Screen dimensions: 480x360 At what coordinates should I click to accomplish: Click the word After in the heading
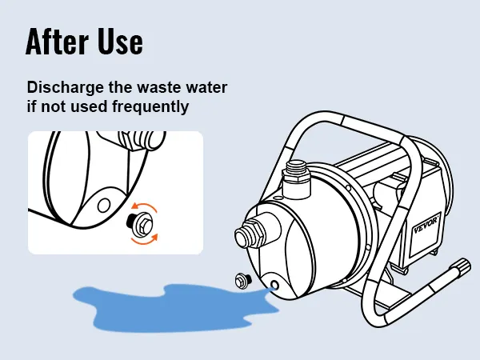(57, 42)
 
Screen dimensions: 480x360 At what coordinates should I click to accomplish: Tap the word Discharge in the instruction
(66, 88)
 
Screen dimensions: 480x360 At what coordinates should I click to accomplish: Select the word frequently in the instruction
(150, 107)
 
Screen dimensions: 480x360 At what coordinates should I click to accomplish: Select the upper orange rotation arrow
(143, 207)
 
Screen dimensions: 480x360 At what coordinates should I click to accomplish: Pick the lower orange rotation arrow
(145, 240)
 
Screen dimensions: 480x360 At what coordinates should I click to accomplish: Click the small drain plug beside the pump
(243, 280)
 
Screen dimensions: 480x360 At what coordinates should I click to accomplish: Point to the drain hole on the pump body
(274, 286)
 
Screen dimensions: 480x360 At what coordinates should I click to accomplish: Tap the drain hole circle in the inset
(104, 206)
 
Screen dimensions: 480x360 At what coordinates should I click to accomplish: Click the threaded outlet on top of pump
(296, 179)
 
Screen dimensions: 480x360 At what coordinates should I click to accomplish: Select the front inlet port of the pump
(249, 234)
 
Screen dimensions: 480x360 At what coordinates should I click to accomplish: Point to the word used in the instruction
(89, 106)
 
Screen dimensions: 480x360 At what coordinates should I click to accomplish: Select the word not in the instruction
(54, 107)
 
